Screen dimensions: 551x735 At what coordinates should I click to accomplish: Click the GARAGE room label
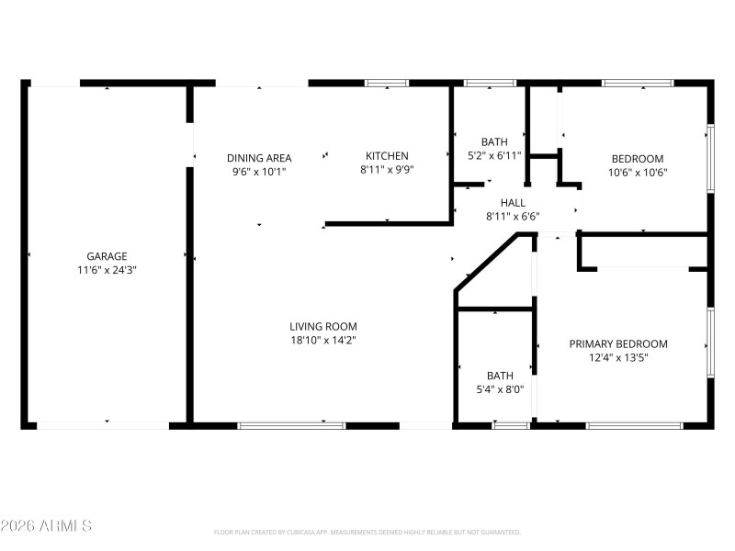(x=107, y=256)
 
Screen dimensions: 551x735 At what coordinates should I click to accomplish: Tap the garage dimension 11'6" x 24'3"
(x=107, y=270)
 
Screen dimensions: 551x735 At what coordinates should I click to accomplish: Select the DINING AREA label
(x=259, y=157)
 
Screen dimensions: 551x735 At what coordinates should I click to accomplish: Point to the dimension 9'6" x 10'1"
(x=259, y=171)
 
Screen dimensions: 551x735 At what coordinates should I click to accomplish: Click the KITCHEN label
(x=387, y=156)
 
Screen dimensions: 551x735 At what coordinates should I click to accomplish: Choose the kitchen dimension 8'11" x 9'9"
(x=387, y=170)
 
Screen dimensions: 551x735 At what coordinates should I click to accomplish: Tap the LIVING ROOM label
(x=322, y=326)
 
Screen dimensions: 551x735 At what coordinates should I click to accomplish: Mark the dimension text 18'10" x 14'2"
(x=322, y=340)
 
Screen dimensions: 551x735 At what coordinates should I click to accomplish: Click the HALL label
(x=513, y=203)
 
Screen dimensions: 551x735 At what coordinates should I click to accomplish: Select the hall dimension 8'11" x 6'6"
(x=513, y=217)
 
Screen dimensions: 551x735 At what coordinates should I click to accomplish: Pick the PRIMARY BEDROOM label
(x=618, y=344)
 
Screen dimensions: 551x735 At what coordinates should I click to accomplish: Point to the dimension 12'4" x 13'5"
(x=618, y=358)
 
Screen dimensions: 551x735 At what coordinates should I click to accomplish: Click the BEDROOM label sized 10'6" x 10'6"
(x=636, y=158)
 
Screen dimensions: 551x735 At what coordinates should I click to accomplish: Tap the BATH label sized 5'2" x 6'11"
(x=494, y=141)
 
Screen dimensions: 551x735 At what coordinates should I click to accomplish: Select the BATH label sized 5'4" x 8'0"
(x=500, y=376)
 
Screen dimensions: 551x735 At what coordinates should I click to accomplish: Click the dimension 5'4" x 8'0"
(x=500, y=389)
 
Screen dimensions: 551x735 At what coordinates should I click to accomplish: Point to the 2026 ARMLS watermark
(x=46, y=526)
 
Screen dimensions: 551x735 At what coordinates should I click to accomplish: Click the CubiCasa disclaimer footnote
(x=367, y=533)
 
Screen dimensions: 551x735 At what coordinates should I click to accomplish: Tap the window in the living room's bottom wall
(x=291, y=425)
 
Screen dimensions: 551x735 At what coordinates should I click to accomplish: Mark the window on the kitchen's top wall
(x=387, y=84)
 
